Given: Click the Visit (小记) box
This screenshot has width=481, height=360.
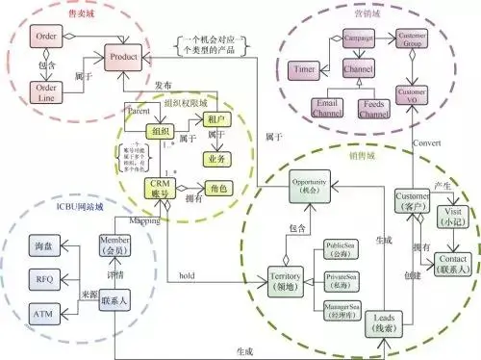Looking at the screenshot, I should (451, 218).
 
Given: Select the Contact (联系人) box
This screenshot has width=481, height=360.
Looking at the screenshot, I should (451, 261).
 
